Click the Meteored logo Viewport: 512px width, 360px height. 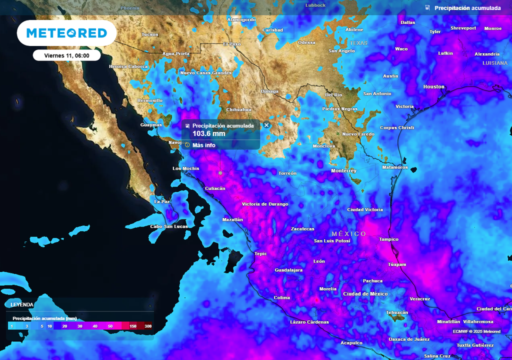(x=66, y=33)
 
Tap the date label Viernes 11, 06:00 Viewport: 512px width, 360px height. (x=66, y=55)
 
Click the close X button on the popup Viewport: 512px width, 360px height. (x=266, y=125)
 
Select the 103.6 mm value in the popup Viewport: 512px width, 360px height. (x=209, y=133)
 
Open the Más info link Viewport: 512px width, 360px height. (x=203, y=145)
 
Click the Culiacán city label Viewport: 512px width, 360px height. (x=215, y=188)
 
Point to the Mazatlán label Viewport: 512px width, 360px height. (x=232, y=219)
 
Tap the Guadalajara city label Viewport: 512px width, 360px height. (x=288, y=270)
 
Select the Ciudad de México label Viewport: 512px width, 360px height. (x=365, y=294)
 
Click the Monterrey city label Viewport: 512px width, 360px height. (x=344, y=170)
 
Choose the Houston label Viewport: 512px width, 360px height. (x=433, y=86)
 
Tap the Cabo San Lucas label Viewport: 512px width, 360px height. (x=168, y=226)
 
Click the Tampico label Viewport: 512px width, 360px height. (x=388, y=239)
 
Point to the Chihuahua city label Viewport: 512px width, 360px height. (x=238, y=109)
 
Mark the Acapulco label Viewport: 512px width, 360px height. (x=351, y=343)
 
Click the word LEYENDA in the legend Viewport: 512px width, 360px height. (x=22, y=304)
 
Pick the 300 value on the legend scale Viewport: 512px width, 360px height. (x=148, y=326)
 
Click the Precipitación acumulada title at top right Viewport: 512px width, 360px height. (x=467, y=8)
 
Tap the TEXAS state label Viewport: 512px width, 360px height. (x=358, y=43)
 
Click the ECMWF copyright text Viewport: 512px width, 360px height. (x=476, y=331)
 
